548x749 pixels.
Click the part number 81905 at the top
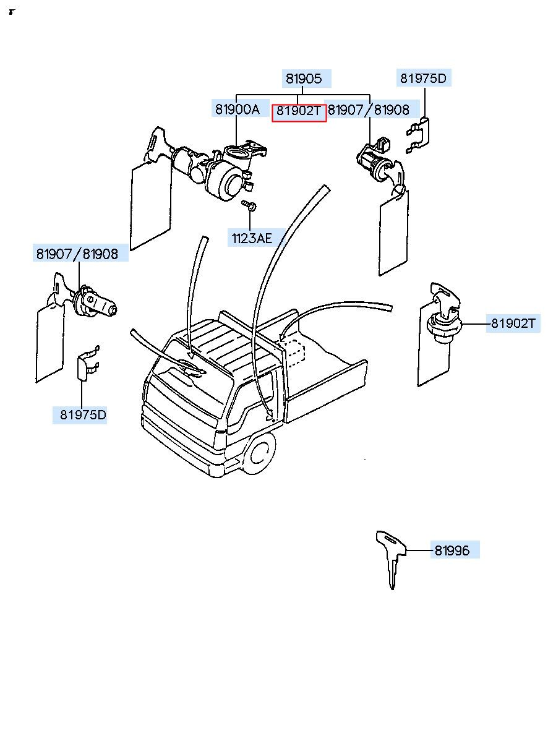303,79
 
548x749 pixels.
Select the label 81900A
237,109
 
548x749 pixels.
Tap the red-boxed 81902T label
299,110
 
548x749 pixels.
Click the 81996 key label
452,550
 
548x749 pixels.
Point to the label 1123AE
252,238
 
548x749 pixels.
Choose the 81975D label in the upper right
423,79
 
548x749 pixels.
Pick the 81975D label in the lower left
83,415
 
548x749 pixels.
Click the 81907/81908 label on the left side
77,254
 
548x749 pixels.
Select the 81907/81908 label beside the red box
369,110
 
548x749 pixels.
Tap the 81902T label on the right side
513,323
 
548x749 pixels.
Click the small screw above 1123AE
249,205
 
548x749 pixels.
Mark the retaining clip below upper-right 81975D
418,135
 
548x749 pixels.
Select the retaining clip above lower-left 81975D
88,364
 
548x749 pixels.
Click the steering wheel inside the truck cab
191,367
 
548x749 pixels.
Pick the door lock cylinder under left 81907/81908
96,304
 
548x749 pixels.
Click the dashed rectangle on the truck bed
293,353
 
